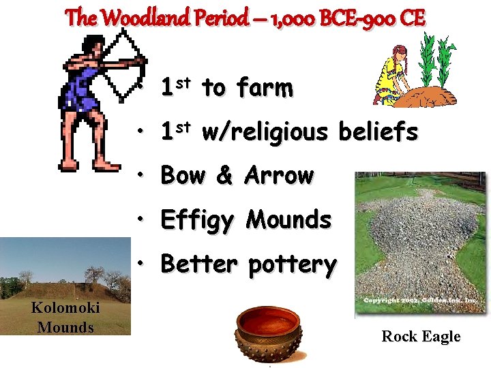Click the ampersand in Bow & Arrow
224,176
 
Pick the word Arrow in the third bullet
279,176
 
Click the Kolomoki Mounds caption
65,318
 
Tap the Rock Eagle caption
421,336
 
